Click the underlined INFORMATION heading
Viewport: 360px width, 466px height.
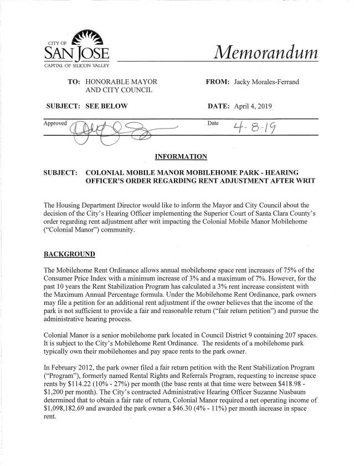(x=179, y=156)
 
